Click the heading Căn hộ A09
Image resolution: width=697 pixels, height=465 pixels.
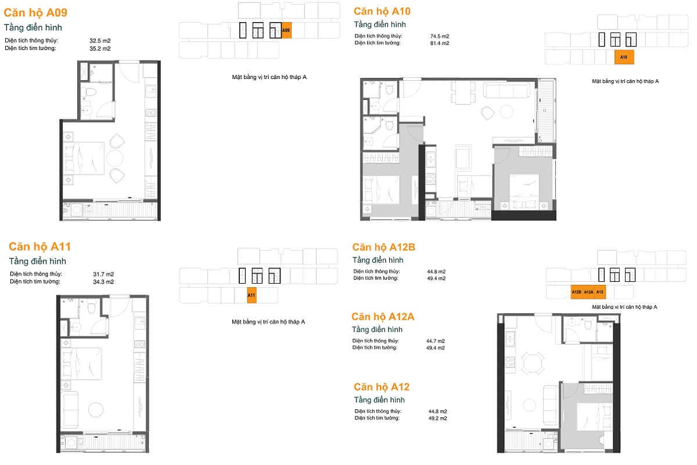[x=35, y=13]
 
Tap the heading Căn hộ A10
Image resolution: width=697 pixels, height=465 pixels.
[x=382, y=12]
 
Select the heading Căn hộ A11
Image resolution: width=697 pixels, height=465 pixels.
[x=40, y=246]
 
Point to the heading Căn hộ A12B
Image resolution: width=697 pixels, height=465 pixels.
[x=384, y=247]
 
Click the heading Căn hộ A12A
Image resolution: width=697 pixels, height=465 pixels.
[x=383, y=317]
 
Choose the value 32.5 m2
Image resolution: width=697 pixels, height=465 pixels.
[x=100, y=41]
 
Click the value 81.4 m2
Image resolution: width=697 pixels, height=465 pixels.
[x=440, y=43]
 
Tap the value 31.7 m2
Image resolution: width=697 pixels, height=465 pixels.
[x=103, y=274]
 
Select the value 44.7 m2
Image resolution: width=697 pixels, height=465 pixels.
[x=435, y=341]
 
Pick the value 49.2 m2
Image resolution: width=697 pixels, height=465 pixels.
[x=437, y=419]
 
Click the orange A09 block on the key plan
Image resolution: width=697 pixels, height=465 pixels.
[x=286, y=31]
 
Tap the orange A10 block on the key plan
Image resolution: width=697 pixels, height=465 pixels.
[x=624, y=58]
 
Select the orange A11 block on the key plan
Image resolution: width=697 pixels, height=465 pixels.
[x=252, y=295]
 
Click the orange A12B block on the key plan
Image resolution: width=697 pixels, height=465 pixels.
[x=577, y=292]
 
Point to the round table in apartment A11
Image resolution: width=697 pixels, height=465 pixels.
[x=95, y=410]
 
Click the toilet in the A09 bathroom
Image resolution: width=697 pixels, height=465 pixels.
[x=91, y=92]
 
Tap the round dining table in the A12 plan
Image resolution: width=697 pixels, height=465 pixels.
[x=533, y=363]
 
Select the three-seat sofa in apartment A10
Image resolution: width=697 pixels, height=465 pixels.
[x=506, y=90]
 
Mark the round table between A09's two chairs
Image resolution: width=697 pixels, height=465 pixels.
[x=114, y=159]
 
